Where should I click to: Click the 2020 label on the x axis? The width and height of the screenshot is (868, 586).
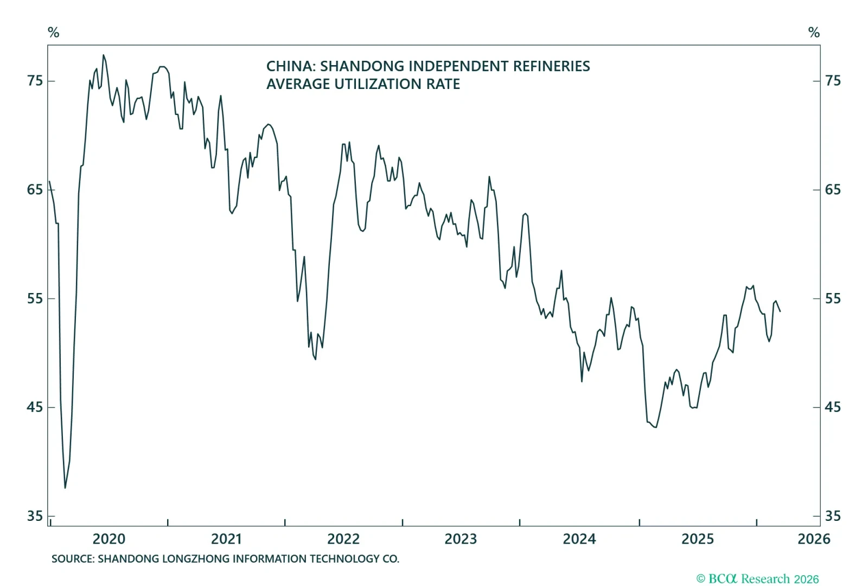click(x=108, y=539)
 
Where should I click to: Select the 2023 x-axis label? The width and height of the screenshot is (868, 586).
click(x=461, y=539)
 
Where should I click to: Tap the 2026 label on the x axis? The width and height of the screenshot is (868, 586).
click(x=813, y=539)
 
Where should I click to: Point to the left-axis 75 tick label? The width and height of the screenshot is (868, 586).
click(x=35, y=81)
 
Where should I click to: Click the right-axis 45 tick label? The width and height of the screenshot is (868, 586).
click(x=833, y=407)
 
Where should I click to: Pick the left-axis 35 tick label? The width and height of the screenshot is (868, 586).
click(x=35, y=516)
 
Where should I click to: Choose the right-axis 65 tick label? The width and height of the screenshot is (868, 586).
click(x=833, y=190)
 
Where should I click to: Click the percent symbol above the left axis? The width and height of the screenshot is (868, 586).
click(x=53, y=33)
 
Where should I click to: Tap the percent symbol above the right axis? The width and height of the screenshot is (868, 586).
click(x=814, y=33)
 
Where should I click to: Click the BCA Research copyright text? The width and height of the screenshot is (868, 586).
click(x=757, y=579)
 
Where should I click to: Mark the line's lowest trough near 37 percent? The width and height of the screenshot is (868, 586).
click(x=65, y=488)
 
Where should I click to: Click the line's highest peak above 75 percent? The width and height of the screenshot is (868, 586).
click(x=104, y=55)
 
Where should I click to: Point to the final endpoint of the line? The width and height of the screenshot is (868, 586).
click(x=780, y=311)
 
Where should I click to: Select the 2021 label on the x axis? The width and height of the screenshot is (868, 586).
click(x=226, y=539)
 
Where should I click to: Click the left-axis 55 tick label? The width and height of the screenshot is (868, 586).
click(x=35, y=298)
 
